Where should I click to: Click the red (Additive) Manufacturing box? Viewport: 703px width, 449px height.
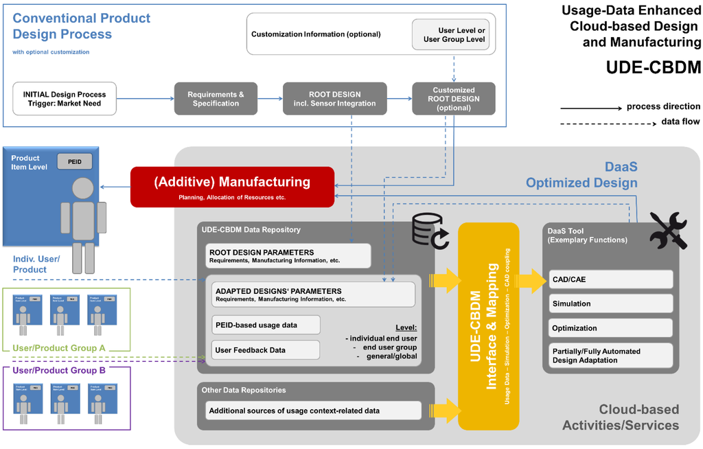pyautogui.click(x=232, y=187)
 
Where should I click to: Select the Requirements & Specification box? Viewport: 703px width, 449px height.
pyautogui.click(x=216, y=99)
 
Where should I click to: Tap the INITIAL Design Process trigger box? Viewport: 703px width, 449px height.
pyautogui.click(x=65, y=99)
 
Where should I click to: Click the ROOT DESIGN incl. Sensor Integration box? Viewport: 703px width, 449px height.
pyautogui.click(x=335, y=99)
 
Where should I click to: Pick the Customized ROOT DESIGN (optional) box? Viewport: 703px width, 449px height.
pyautogui.click(x=453, y=99)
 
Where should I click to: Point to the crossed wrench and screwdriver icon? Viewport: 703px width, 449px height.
pyautogui.click(x=667, y=231)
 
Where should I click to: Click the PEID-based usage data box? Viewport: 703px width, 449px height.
pyautogui.click(x=266, y=325)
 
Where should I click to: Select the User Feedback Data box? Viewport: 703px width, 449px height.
pyautogui.click(x=266, y=350)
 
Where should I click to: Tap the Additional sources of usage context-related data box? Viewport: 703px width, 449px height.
pyautogui.click(x=312, y=411)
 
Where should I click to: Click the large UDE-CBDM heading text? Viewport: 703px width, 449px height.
pyautogui.click(x=653, y=69)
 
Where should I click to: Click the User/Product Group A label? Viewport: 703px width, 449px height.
pyautogui.click(x=59, y=348)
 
